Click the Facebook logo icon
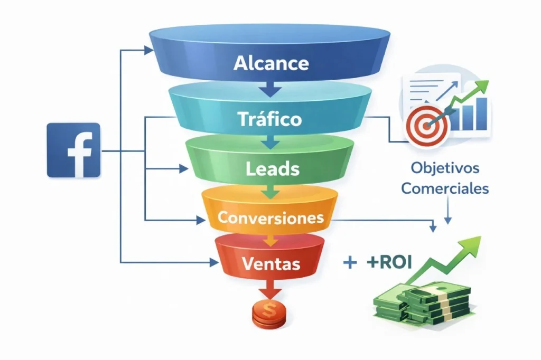tap(73, 150)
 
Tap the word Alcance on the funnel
tap(271, 63)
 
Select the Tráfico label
tap(270, 118)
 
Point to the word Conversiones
tap(271, 217)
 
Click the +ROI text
tap(388, 262)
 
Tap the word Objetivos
tap(445, 169)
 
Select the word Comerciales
tap(445, 188)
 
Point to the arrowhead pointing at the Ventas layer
tap(213, 262)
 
